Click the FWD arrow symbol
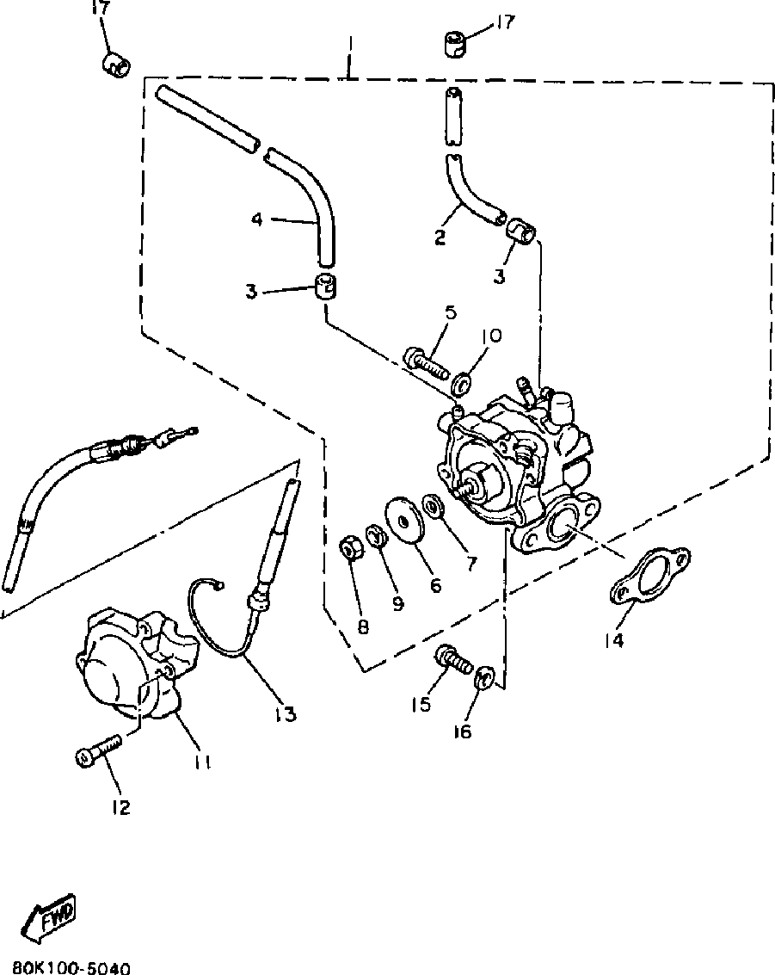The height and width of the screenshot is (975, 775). click(x=48, y=917)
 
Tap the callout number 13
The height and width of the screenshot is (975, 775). click(x=286, y=713)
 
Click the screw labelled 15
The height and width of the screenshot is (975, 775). click(x=452, y=661)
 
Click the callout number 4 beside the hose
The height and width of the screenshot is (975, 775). click(x=257, y=220)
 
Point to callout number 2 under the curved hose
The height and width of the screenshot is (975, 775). click(x=440, y=237)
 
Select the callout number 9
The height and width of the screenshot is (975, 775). click(x=397, y=603)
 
